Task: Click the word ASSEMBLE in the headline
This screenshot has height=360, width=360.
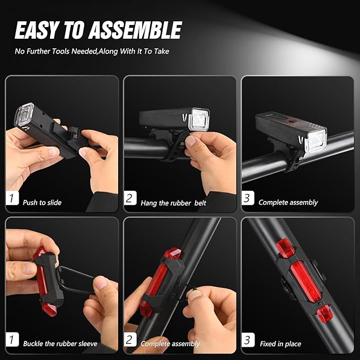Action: click(134, 31)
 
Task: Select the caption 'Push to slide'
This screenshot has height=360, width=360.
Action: click(42, 203)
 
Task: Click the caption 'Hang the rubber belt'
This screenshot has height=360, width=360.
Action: click(173, 203)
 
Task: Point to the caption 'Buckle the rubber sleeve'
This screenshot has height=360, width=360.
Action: click(60, 344)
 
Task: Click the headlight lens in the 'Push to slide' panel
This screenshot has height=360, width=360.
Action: click(23, 115)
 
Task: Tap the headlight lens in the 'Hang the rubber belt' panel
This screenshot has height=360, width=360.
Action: click(199, 120)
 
